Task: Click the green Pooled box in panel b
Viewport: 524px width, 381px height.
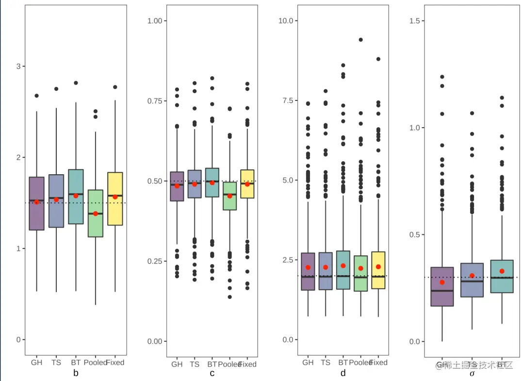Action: pyautogui.click(x=96, y=213)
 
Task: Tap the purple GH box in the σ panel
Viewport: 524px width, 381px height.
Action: pyautogui.click(x=442, y=286)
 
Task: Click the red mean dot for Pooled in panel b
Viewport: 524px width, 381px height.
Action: pyautogui.click(x=96, y=214)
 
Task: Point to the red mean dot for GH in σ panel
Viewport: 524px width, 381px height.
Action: pyautogui.click(x=442, y=282)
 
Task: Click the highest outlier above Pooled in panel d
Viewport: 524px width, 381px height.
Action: pyautogui.click(x=360, y=40)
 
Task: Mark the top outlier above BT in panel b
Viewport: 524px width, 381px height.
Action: pyautogui.click(x=76, y=83)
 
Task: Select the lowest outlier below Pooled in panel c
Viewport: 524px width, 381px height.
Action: pyautogui.click(x=229, y=297)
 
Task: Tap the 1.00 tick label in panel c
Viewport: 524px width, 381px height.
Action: pyautogui.click(x=158, y=21)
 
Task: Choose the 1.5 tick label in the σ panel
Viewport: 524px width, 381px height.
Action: pyautogui.click(x=416, y=21)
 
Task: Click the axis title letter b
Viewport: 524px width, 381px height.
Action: pyautogui.click(x=76, y=373)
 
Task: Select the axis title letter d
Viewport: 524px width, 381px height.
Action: pyautogui.click(x=343, y=373)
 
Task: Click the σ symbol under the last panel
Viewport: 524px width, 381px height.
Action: pyautogui.click(x=472, y=374)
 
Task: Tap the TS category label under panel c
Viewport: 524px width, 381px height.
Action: pyautogui.click(x=195, y=364)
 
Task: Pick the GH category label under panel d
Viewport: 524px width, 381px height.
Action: pyautogui.click(x=308, y=363)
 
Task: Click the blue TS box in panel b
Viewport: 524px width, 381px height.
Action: pyautogui.click(x=56, y=201)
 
